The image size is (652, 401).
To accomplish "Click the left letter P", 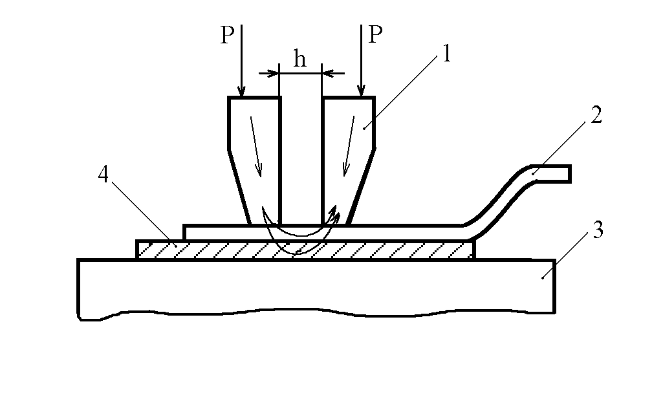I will (x=226, y=35).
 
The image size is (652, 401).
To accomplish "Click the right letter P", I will (x=376, y=35).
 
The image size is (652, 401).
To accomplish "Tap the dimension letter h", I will (x=299, y=60).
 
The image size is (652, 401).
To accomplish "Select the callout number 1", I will (x=446, y=55).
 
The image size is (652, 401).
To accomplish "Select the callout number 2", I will (x=596, y=114).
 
